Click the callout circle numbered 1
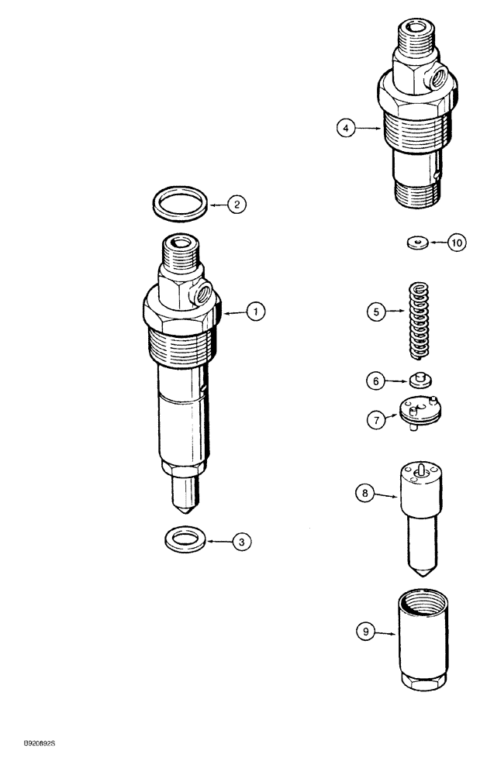click(255, 312)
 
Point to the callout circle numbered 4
click(347, 129)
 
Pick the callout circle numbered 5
click(376, 312)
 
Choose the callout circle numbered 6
click(376, 381)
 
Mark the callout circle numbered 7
click(376, 419)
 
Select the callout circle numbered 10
click(456, 243)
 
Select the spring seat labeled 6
click(420, 380)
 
